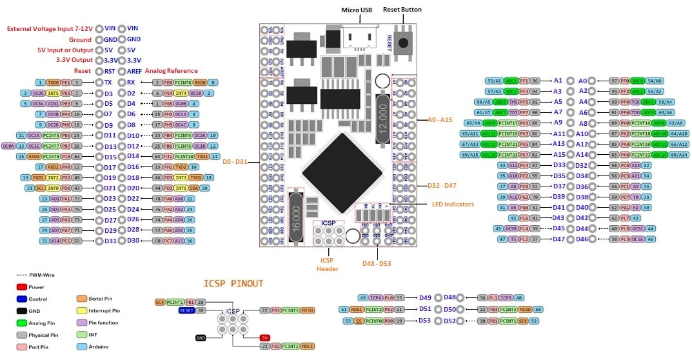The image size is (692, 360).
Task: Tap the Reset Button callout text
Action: pyautogui.click(x=402, y=10)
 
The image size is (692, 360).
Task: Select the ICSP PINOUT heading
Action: pyautogui.click(x=233, y=283)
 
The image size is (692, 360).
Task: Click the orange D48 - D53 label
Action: pyautogui.click(x=376, y=263)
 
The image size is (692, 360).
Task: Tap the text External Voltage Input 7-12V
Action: pyautogui.click(x=50, y=28)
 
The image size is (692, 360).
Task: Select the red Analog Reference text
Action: pyautogui.click(x=171, y=71)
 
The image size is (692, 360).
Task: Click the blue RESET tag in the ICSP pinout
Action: pyautogui.click(x=187, y=310)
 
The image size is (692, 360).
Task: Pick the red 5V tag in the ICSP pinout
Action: pyautogui.click(x=264, y=337)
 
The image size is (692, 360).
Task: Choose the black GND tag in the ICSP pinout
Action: pyautogui.click(x=201, y=337)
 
